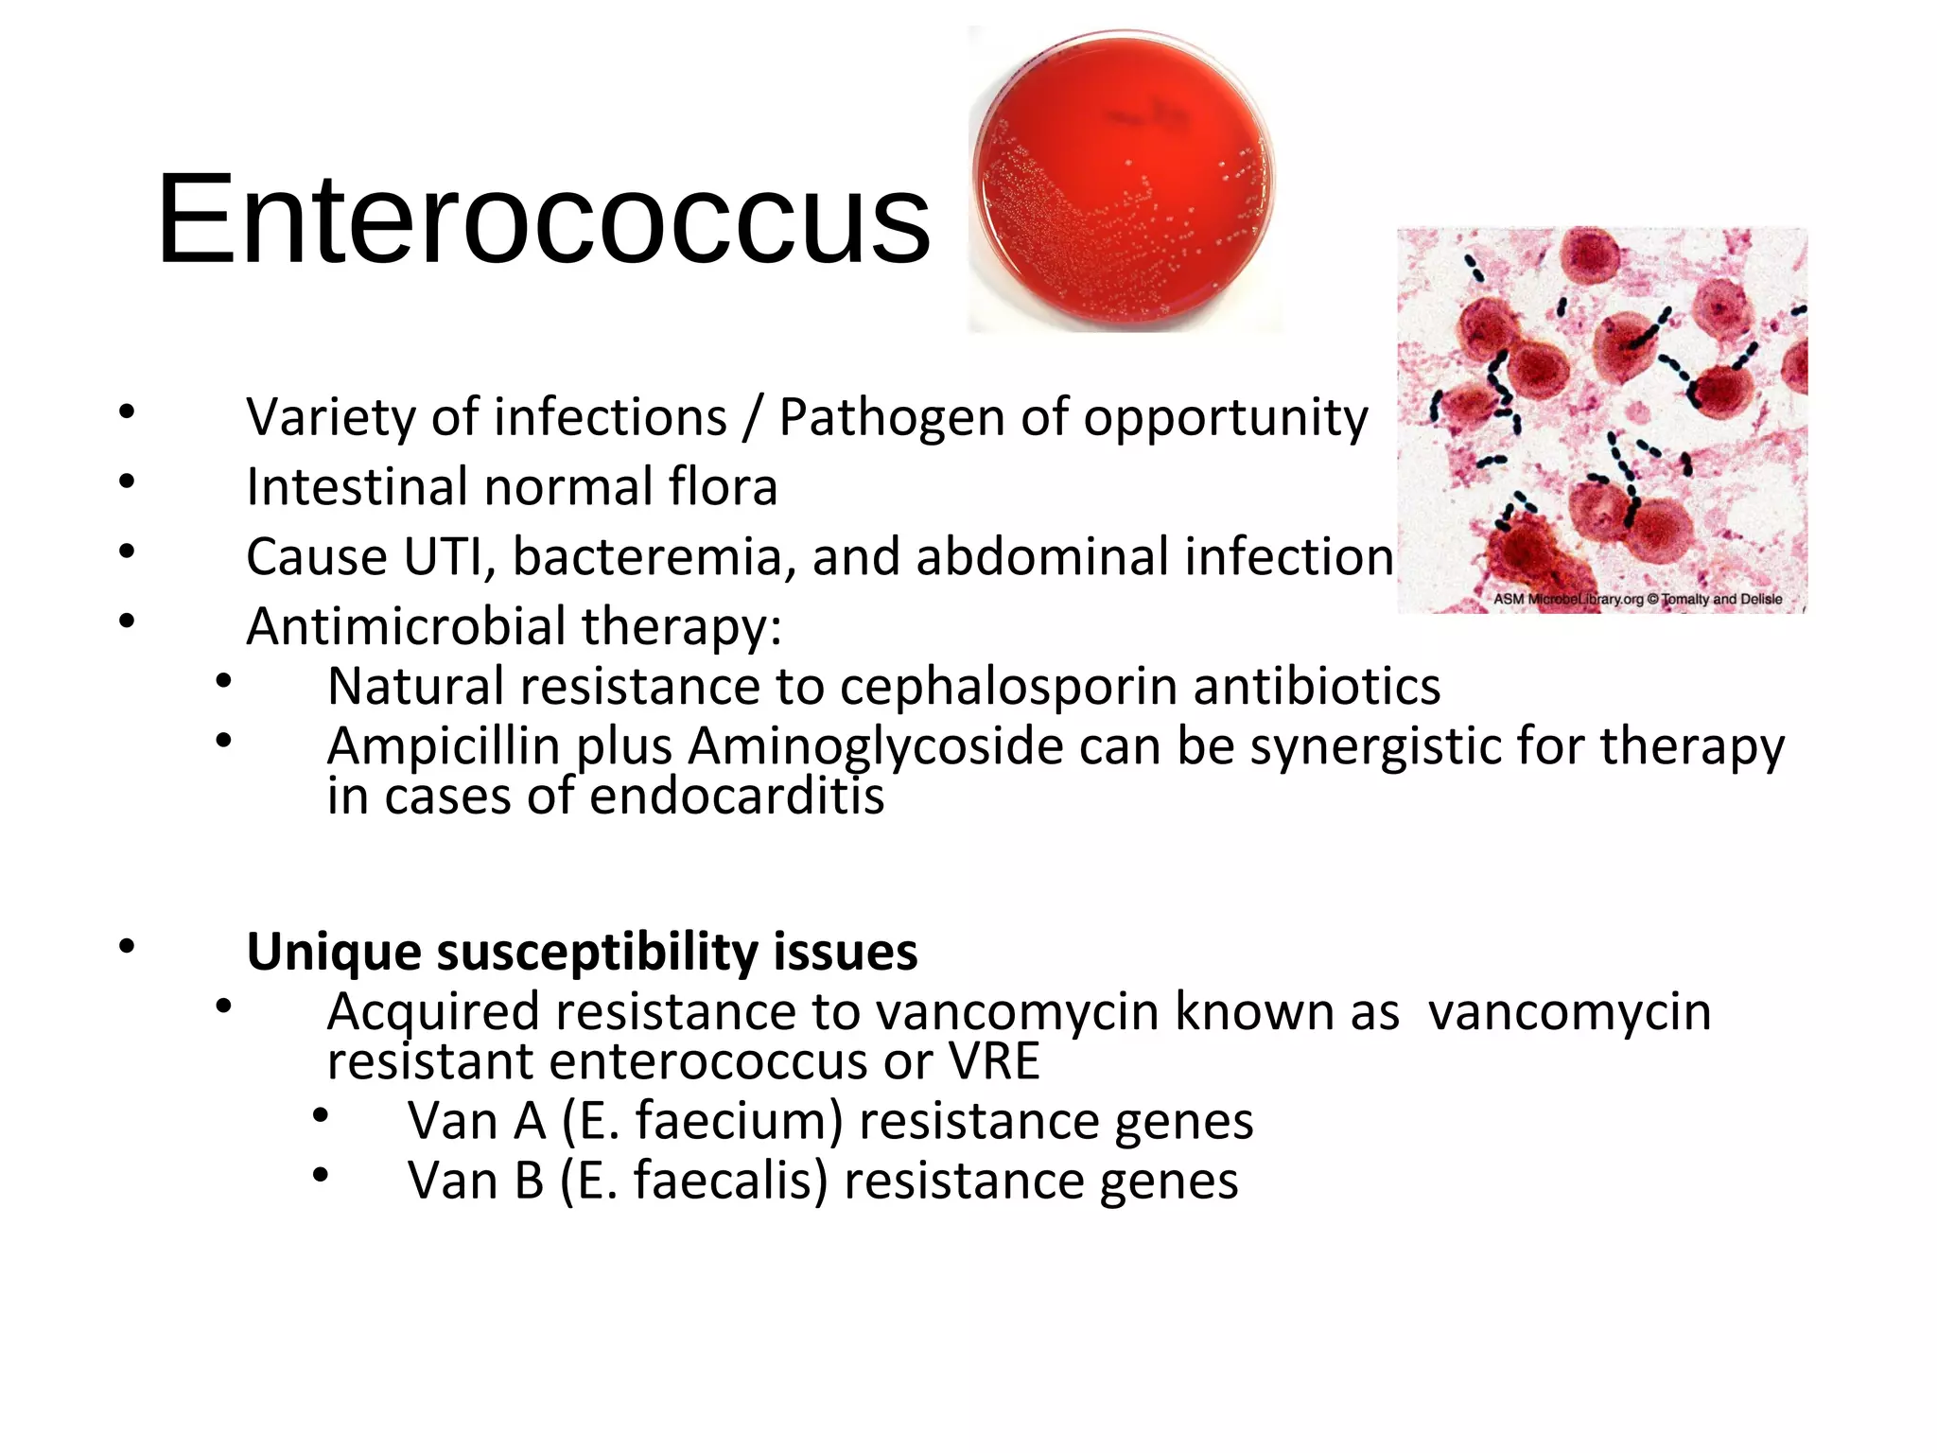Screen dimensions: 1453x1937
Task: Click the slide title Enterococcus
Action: [544, 219]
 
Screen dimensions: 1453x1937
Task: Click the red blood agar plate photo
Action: [1124, 180]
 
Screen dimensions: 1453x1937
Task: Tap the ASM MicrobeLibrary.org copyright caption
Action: [1637, 599]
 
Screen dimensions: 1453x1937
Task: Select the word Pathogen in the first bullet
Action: [891, 417]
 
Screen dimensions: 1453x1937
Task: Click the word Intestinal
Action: [357, 487]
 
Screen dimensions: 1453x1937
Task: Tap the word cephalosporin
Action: [1008, 688]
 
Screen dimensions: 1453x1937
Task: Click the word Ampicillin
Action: [444, 746]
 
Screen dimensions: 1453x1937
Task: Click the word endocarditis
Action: [737, 797]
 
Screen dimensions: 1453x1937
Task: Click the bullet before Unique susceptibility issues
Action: [127, 947]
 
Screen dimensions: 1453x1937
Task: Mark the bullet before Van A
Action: [321, 1116]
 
